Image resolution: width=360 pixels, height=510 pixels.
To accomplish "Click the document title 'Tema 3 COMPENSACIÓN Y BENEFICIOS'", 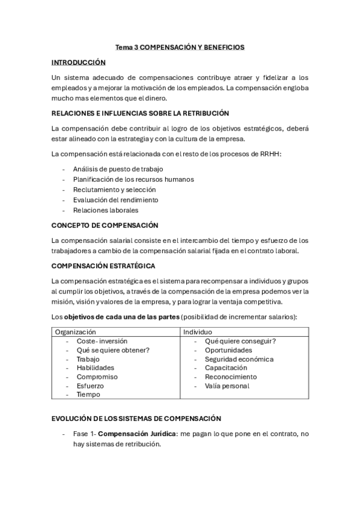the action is pyautogui.click(x=180, y=48).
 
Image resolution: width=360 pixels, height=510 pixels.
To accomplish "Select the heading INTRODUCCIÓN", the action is pyautogui.click(x=78, y=63).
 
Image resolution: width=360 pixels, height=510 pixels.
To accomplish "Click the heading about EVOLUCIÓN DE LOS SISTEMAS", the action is pyautogui.click(x=136, y=418).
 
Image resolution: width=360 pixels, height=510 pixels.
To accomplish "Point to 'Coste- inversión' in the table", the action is pyautogui.click(x=102, y=341).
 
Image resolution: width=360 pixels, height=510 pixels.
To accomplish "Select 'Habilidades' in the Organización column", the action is pyautogui.click(x=95, y=367).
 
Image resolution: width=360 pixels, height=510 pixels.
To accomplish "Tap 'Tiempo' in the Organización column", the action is pyautogui.click(x=88, y=395).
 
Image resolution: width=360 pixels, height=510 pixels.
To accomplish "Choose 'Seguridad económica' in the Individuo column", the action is pyautogui.click(x=239, y=359).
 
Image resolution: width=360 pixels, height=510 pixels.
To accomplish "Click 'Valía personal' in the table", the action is pyautogui.click(x=227, y=386).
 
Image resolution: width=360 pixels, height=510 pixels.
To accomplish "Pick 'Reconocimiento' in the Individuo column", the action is pyautogui.click(x=230, y=376).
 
